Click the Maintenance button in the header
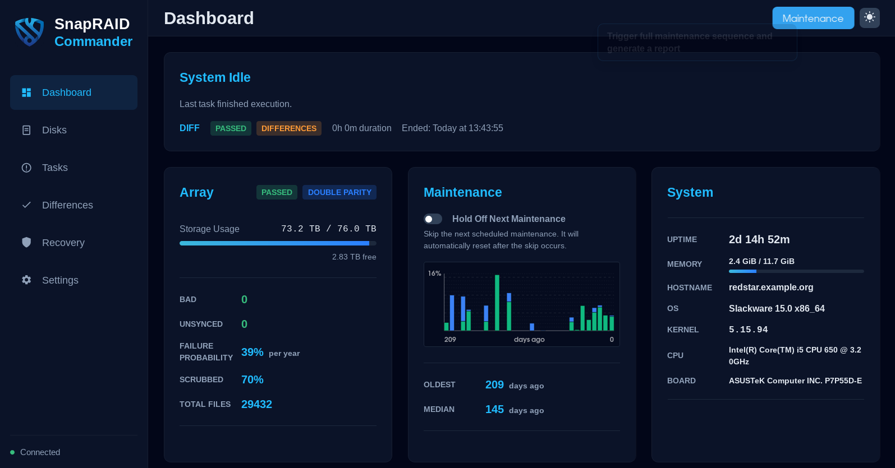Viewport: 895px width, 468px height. coord(813,18)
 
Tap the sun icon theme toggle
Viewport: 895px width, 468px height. coord(869,17)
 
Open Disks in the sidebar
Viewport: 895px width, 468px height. coord(54,130)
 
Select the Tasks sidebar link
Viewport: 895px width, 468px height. coord(54,168)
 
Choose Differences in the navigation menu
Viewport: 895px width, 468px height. coord(67,205)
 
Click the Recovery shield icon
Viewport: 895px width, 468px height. coord(26,242)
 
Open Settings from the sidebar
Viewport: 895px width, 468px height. coord(60,280)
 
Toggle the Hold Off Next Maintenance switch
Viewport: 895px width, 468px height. coord(433,219)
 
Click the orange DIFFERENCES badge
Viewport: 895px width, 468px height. coord(288,128)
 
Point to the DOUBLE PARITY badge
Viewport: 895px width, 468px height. coord(339,192)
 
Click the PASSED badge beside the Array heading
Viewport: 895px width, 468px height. coord(277,192)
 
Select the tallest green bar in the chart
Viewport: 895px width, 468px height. coord(497,303)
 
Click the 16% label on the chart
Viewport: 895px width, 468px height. coord(434,274)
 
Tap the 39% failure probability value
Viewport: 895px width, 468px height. coord(252,352)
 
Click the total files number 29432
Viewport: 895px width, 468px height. coord(256,404)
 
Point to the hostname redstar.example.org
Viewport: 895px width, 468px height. coord(770,287)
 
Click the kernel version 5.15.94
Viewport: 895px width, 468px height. coord(748,330)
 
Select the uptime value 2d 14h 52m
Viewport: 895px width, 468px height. coord(759,239)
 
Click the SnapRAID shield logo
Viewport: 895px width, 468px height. coord(29,31)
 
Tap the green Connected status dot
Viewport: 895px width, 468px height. coord(12,452)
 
